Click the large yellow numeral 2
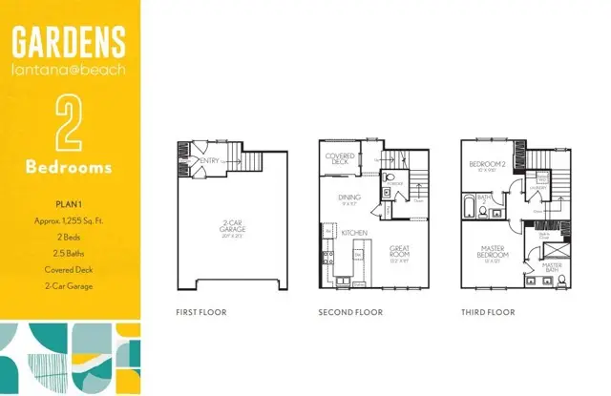click(70, 121)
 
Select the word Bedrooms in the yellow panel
click(70, 167)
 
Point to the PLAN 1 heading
click(70, 203)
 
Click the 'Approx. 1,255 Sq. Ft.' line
click(70, 220)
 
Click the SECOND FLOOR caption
click(350, 312)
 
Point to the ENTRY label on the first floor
click(211, 161)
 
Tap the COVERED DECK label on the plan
click(341, 158)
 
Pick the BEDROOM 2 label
click(487, 165)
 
